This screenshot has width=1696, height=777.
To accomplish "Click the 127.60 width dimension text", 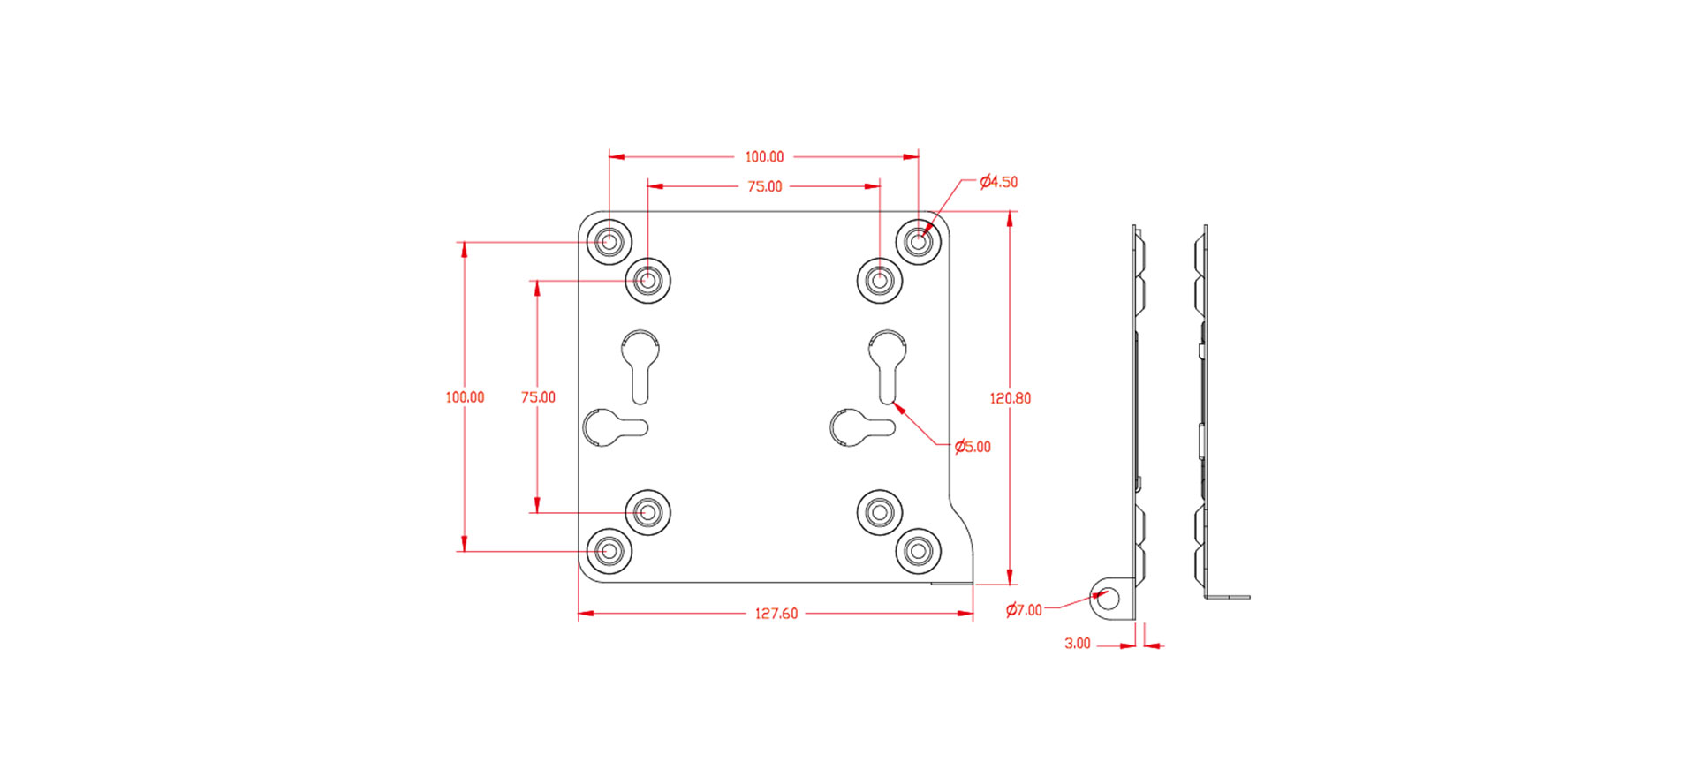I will point(776,614).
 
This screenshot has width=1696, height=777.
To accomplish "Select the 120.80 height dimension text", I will point(1010,398).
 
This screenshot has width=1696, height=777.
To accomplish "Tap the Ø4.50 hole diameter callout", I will point(999,182).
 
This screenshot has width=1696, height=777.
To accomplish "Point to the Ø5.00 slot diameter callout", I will point(973,447).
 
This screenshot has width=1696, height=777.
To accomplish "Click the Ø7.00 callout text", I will point(1024,610).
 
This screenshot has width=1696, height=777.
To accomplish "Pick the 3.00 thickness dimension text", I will point(1077,644).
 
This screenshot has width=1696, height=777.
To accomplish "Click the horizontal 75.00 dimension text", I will point(764,186).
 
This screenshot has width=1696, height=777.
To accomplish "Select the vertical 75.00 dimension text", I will point(538,397).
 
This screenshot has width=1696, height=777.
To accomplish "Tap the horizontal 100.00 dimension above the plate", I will point(764,156).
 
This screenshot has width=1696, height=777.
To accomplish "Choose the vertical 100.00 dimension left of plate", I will point(465,397).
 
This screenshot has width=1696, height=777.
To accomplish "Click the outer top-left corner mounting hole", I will point(609,240).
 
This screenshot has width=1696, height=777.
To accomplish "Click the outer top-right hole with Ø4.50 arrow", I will point(919,240).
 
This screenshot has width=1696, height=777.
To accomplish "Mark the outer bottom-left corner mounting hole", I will point(609,551).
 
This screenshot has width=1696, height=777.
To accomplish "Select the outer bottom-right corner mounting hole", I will point(919,551).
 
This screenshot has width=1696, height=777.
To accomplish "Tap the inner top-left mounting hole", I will point(648,281).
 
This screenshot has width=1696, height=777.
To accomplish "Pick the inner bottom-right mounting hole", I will point(880,511).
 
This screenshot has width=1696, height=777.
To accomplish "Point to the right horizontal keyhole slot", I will point(860,427).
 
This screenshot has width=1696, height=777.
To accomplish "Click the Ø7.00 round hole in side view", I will point(1108,599).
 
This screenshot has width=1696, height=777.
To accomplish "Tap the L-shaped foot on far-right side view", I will point(1229,596).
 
